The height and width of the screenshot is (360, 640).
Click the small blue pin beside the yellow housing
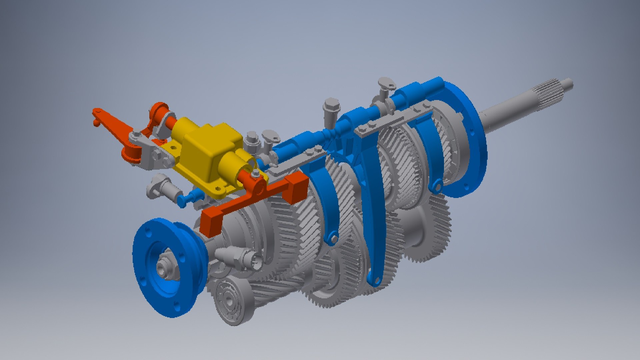tap(182, 201)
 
